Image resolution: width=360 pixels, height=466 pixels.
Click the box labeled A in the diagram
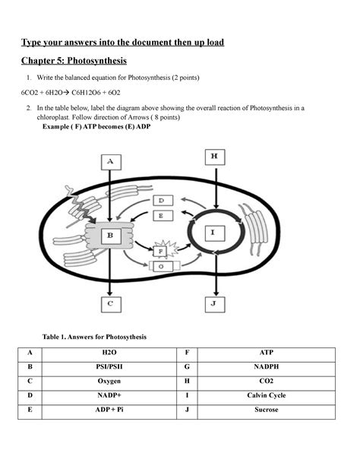tap(110, 162)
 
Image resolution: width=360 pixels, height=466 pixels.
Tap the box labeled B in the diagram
tap(110, 236)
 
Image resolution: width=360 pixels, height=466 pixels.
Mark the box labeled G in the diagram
tap(161, 265)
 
